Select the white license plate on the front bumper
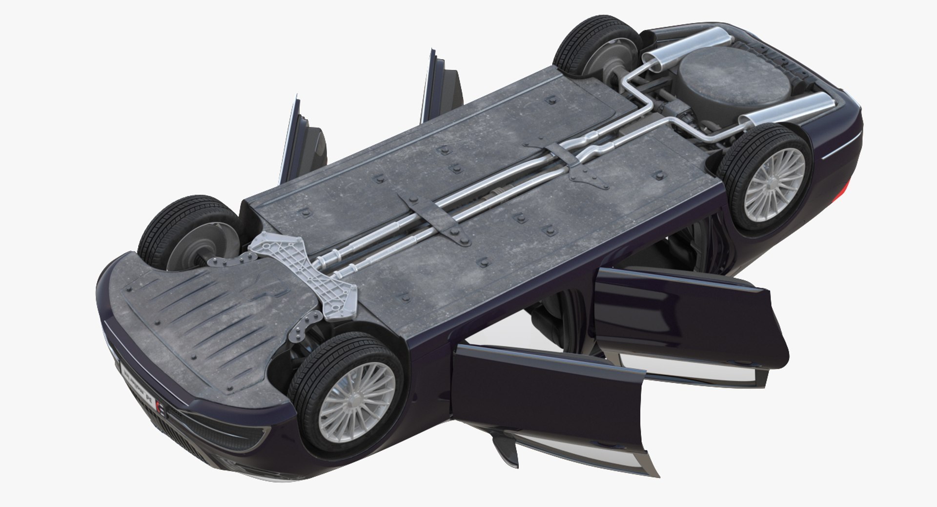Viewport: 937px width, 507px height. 139,383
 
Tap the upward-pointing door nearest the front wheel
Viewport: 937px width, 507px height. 303,142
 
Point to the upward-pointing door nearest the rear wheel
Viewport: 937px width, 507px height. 442,90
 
